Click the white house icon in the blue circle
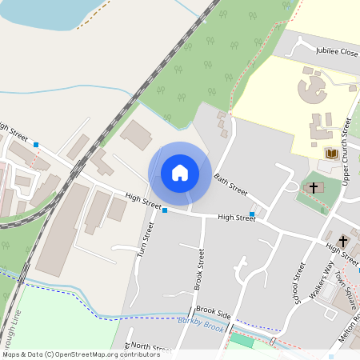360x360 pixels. pos(180,173)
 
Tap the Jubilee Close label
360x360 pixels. pos(337,51)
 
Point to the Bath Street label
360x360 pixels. pos(231,185)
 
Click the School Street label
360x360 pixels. pos(299,282)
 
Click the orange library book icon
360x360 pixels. pos(330,154)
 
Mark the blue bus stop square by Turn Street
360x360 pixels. pos(165,210)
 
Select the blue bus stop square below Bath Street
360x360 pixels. pos(252,214)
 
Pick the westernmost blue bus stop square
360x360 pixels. pos(36,145)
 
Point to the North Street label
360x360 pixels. pos(150,347)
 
